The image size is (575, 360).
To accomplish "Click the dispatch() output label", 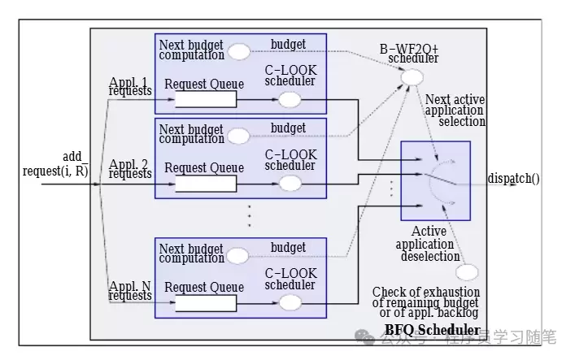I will [x=514, y=179].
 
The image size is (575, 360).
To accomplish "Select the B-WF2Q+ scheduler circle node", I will [x=412, y=77].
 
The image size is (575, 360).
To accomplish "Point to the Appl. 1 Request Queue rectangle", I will [x=206, y=99].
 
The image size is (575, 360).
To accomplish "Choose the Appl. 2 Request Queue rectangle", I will [x=206, y=183].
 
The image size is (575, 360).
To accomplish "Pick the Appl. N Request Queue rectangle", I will [x=206, y=302].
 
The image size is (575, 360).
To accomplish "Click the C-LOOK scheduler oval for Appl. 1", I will [x=290, y=99].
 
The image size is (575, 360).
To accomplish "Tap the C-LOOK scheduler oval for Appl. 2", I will [x=290, y=183].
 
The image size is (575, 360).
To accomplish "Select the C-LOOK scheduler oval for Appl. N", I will [x=290, y=302].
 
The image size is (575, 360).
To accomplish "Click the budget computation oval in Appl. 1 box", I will [x=238, y=51].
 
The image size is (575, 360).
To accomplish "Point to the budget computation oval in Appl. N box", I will [x=238, y=254].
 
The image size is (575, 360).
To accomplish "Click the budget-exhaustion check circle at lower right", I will [x=467, y=273].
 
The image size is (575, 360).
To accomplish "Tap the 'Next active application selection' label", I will [x=455, y=111].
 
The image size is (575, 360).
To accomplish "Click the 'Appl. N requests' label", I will [x=130, y=290].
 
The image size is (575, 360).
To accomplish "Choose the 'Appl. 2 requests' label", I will [x=130, y=168].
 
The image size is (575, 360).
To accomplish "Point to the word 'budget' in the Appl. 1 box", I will [x=288, y=42].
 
